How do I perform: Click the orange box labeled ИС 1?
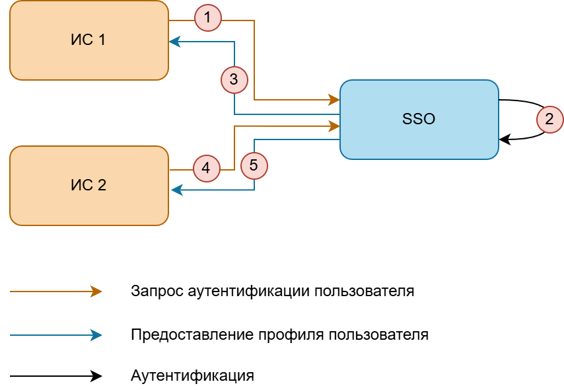click(89, 59)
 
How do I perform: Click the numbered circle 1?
click(208, 18)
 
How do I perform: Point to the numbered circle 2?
click(549, 120)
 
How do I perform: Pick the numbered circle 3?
click(234, 80)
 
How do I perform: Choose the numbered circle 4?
click(206, 169)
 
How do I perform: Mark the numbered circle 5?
click(254, 165)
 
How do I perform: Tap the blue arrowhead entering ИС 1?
click(174, 42)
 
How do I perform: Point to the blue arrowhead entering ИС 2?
click(176, 190)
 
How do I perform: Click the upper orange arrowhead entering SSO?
click(334, 100)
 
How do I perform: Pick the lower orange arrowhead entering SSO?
click(334, 125)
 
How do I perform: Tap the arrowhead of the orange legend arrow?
click(97, 291)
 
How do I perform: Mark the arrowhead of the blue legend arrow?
click(97, 335)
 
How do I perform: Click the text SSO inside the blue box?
click(419, 120)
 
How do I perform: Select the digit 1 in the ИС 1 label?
click(101, 40)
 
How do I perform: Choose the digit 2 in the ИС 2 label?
click(101, 186)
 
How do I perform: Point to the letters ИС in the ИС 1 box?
click(82, 40)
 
